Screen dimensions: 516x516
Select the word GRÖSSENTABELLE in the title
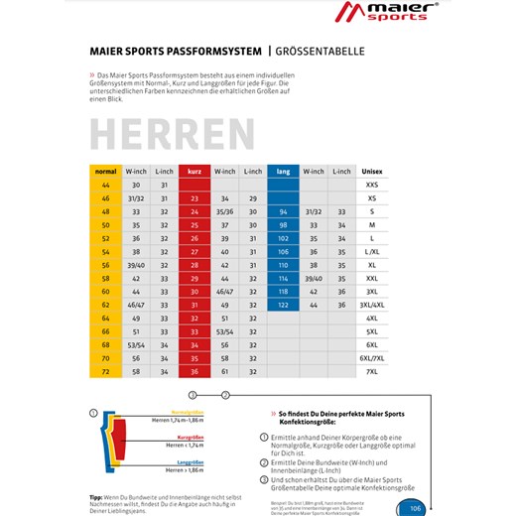click(x=320, y=50)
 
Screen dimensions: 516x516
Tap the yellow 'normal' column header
click(x=105, y=172)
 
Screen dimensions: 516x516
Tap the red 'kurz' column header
click(x=193, y=172)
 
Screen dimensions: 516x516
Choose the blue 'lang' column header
click(x=283, y=172)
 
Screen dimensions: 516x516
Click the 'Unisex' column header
click(x=371, y=172)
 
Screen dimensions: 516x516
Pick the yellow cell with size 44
click(x=105, y=186)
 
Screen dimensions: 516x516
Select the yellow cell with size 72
click(x=105, y=370)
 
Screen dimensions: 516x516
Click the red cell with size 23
click(x=193, y=198)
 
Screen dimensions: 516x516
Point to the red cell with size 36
click(x=193, y=370)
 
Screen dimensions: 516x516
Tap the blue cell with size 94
click(x=283, y=211)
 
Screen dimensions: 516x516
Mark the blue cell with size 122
click(x=283, y=305)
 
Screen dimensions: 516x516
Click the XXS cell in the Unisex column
click(x=371, y=186)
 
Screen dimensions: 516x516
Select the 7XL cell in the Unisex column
click(x=371, y=370)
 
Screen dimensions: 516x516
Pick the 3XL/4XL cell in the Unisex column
click(x=371, y=305)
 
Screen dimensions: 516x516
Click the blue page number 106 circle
click(x=414, y=508)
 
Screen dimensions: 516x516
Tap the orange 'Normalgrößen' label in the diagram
click(x=187, y=412)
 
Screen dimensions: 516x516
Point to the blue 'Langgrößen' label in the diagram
click(x=190, y=461)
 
